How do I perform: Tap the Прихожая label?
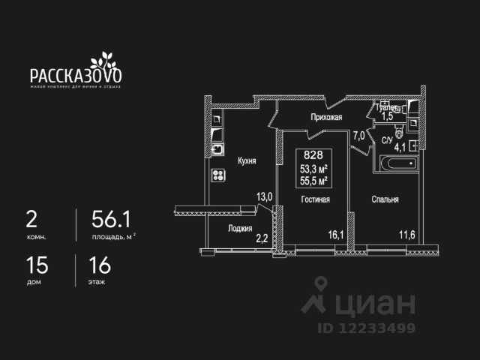point(327,117)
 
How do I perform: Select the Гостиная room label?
point(316,199)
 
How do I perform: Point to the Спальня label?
point(384,199)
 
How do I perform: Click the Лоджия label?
point(240,229)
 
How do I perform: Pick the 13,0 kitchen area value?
point(265,196)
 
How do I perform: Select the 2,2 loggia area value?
point(262,238)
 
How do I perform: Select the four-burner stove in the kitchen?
point(219,175)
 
